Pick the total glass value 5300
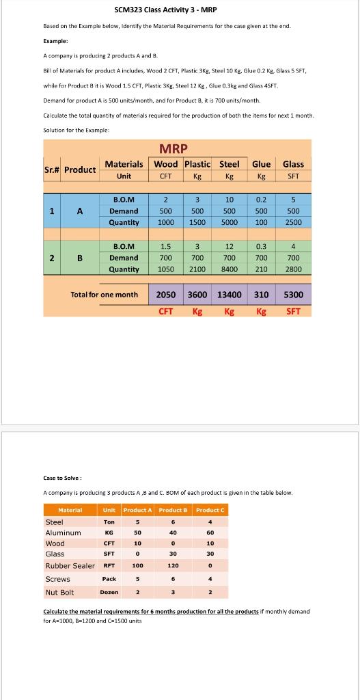293,295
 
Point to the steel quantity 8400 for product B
229,269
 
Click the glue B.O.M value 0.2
261,200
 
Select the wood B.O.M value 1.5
165,246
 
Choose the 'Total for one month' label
105,295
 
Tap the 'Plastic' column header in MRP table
197,164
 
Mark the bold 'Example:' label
56,41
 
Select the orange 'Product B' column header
173,510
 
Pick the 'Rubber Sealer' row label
70,565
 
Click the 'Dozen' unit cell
109,592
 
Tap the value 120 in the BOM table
173,565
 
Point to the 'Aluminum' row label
63,533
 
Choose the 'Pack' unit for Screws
109,578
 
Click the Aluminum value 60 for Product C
210,533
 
